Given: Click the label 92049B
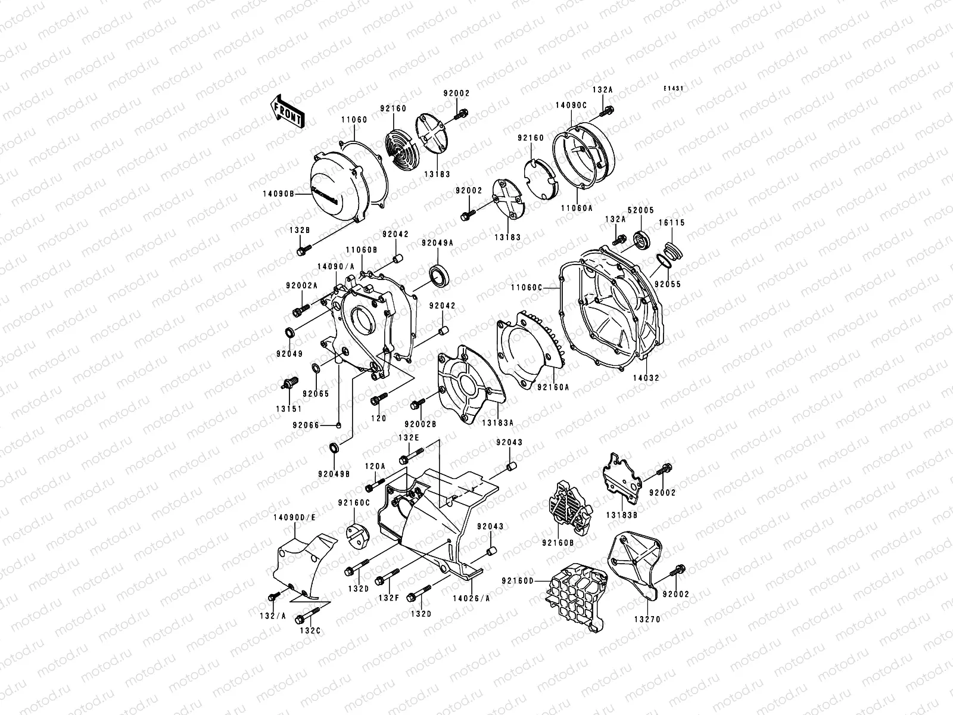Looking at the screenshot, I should (x=334, y=474).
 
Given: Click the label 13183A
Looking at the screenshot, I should (x=499, y=422).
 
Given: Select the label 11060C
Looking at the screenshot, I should (x=526, y=287).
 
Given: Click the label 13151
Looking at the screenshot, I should (x=288, y=409).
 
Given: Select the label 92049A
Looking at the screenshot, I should (x=438, y=243).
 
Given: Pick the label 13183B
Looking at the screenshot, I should (x=622, y=514).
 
